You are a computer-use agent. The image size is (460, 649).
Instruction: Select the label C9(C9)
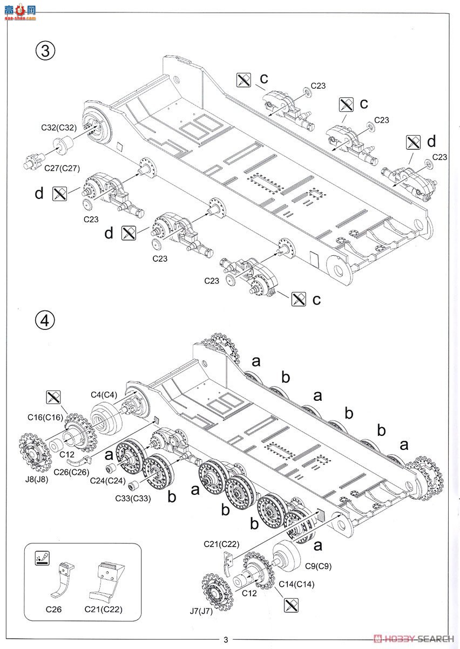click(x=317, y=566)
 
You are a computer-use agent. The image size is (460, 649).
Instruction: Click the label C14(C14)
click(x=296, y=584)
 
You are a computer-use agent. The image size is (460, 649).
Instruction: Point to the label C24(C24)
click(x=107, y=480)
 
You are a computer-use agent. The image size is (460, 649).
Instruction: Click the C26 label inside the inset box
click(x=53, y=610)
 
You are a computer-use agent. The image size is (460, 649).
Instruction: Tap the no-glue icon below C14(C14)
click(x=291, y=605)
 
